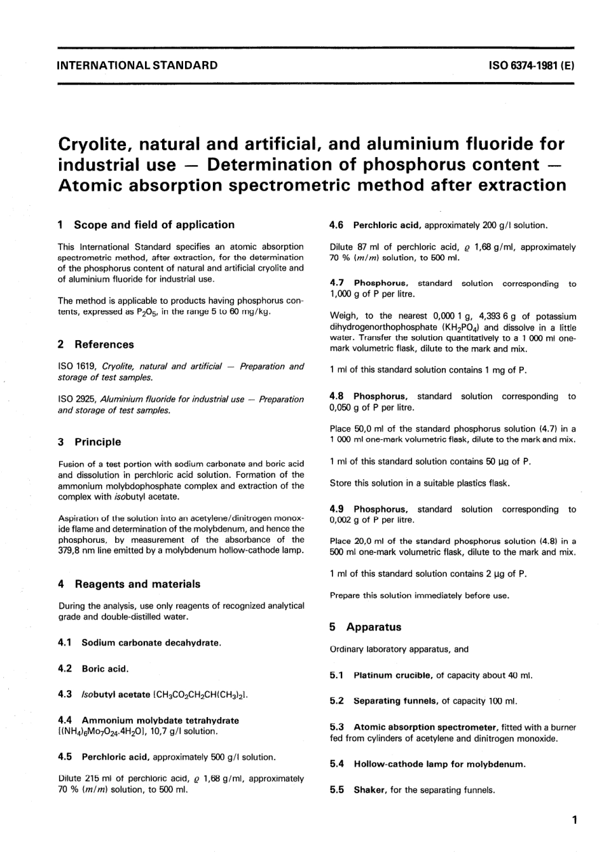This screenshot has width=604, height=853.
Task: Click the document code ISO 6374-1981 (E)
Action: click(532, 65)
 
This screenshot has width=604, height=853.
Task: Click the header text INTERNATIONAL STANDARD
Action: click(137, 65)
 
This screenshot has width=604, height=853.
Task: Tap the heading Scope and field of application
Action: click(154, 224)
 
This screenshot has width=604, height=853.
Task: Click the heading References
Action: click(104, 345)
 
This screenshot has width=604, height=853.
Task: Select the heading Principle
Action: click(97, 442)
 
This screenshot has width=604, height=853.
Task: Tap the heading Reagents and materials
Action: click(137, 584)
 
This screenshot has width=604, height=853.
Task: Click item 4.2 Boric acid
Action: click(105, 669)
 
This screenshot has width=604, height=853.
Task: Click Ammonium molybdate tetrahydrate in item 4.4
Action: click(160, 721)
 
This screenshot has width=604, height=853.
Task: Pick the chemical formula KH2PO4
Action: click(456, 327)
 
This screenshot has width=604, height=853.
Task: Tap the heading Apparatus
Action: click(373, 627)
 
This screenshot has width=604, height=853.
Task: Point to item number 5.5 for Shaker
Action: click(337, 790)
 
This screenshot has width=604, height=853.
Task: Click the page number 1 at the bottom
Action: click(574, 820)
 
